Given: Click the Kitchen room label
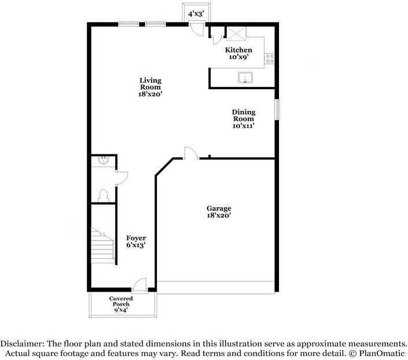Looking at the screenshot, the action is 238,50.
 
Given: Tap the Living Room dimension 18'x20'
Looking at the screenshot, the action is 150,94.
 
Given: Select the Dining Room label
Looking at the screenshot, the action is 244,115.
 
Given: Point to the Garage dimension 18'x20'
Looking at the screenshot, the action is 219,215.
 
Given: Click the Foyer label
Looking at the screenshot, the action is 136,238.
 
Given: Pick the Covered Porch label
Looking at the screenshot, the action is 121,301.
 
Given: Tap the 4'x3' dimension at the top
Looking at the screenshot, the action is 196,14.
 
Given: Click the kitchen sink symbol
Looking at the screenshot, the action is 245,78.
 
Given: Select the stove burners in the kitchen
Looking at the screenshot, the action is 269,58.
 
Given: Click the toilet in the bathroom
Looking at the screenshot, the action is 103,196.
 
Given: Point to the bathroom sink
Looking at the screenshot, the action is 103,160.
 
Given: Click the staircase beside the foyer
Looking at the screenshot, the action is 103,245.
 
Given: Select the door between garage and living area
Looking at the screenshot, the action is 191,153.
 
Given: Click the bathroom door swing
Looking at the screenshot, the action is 122,178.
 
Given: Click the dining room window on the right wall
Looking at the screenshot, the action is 277,109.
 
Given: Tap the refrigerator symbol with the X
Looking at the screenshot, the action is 236,34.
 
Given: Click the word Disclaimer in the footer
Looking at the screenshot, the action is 22,344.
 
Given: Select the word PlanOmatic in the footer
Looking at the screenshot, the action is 382,354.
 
